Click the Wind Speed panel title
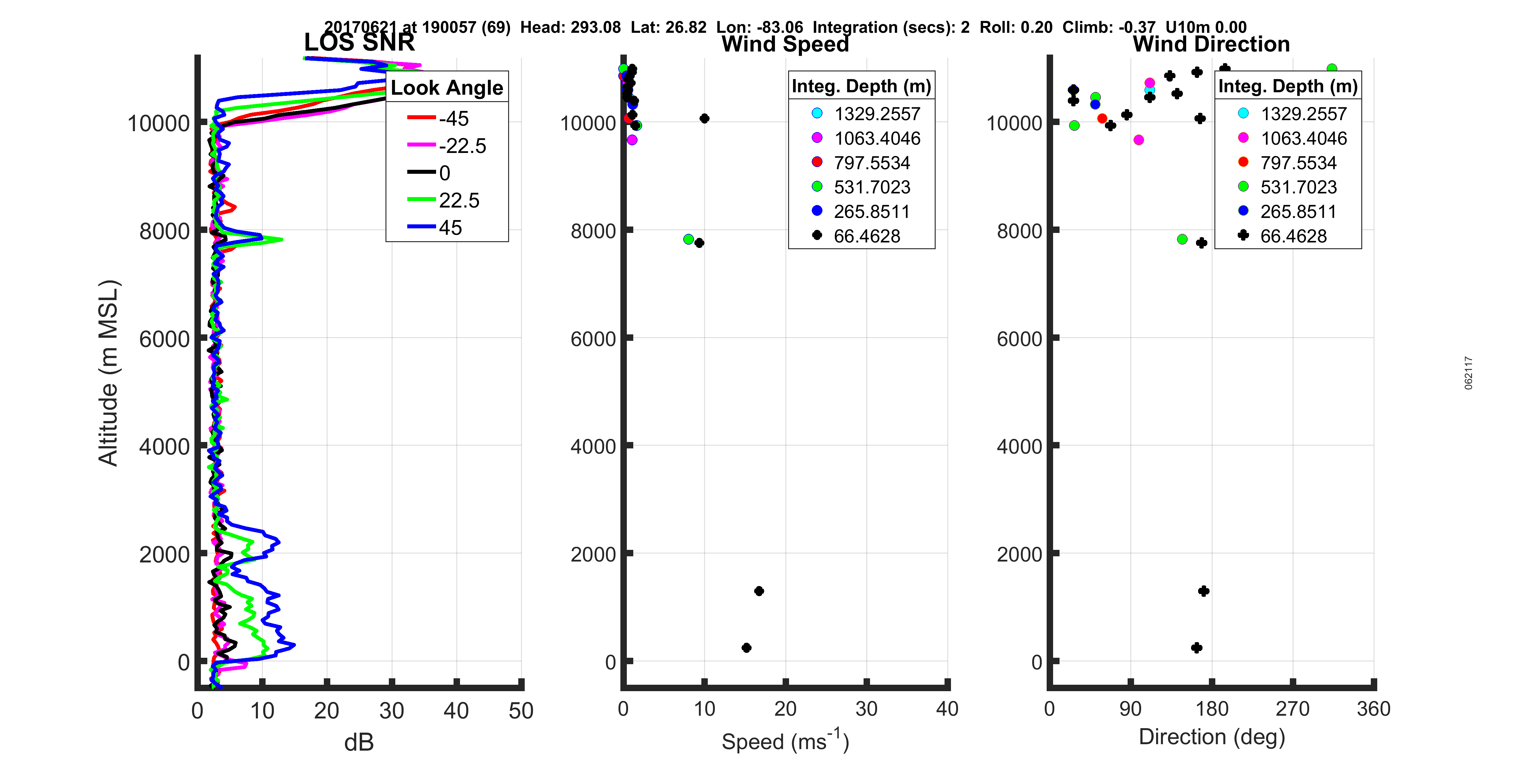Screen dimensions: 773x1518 click(785, 44)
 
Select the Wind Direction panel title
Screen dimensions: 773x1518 click(1211, 44)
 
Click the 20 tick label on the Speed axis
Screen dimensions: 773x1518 click(785, 709)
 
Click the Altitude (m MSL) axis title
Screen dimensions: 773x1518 click(109, 373)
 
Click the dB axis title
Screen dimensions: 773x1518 click(359, 742)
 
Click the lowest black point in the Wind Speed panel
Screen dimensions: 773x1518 click(746, 648)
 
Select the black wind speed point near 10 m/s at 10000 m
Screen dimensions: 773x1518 click(704, 118)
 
